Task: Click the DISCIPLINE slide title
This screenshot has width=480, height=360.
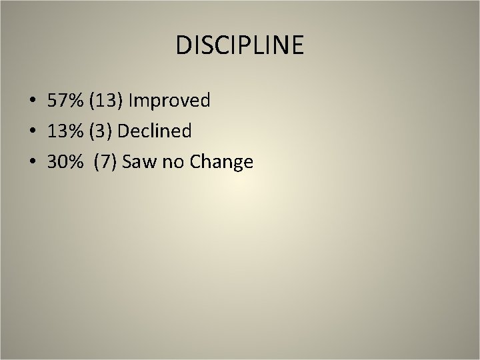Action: click(x=240, y=45)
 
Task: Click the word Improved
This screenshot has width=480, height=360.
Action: click(x=170, y=101)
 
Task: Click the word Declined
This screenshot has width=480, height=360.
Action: click(x=154, y=131)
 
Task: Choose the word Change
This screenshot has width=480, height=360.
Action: click(x=221, y=162)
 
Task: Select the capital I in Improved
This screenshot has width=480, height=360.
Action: click(x=131, y=101)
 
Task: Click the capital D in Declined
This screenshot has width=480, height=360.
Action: click(x=123, y=131)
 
